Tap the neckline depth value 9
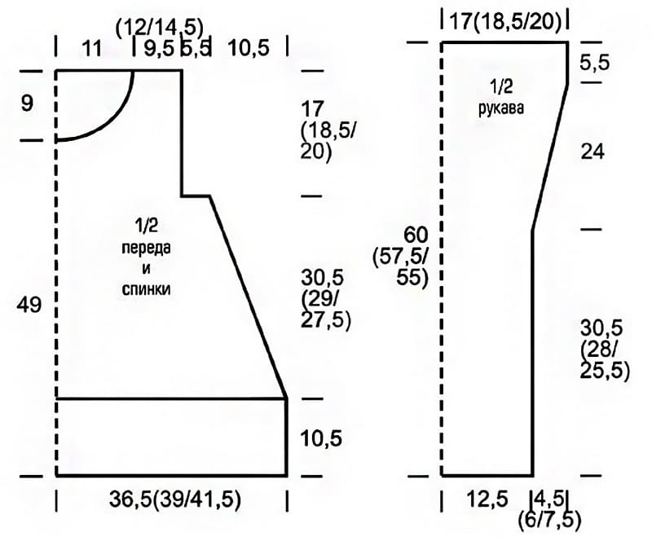click(27, 103)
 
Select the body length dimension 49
click(29, 306)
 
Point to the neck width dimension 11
click(92, 48)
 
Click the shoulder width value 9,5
click(159, 48)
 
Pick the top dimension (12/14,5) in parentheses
click(160, 29)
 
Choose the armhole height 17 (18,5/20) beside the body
click(328, 130)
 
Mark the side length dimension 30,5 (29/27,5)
click(326, 298)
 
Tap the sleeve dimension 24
click(593, 152)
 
